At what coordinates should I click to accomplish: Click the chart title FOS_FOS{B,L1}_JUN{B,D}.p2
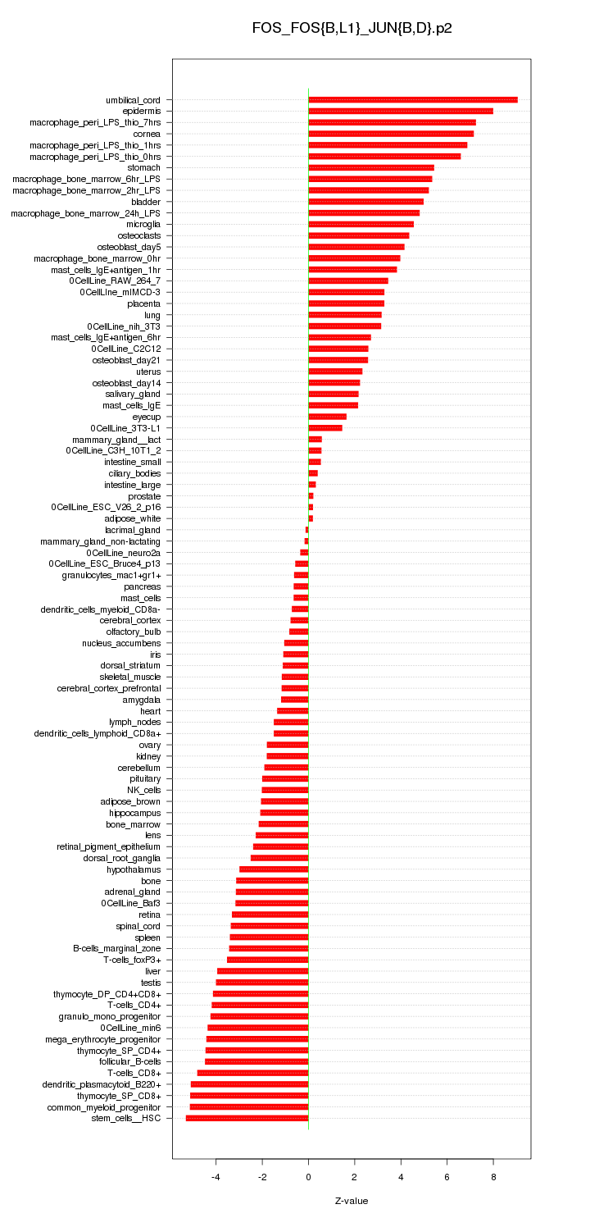(352, 28)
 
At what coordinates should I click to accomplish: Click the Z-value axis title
(352, 1201)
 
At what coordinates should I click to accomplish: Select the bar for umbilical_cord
(412, 100)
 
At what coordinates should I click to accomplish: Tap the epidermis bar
(400, 111)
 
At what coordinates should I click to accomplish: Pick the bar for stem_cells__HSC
(247, 1118)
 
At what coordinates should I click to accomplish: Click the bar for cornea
(390, 134)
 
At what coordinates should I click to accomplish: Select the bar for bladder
(365, 202)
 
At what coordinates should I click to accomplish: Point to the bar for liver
(262, 971)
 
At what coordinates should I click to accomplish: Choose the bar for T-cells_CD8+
(252, 1073)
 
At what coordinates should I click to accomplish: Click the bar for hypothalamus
(274, 869)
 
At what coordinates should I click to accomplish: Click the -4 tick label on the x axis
(216, 1176)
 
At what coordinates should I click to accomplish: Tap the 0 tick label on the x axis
(308, 1176)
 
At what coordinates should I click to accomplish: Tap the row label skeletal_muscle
(130, 677)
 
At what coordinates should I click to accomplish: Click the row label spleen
(147, 937)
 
